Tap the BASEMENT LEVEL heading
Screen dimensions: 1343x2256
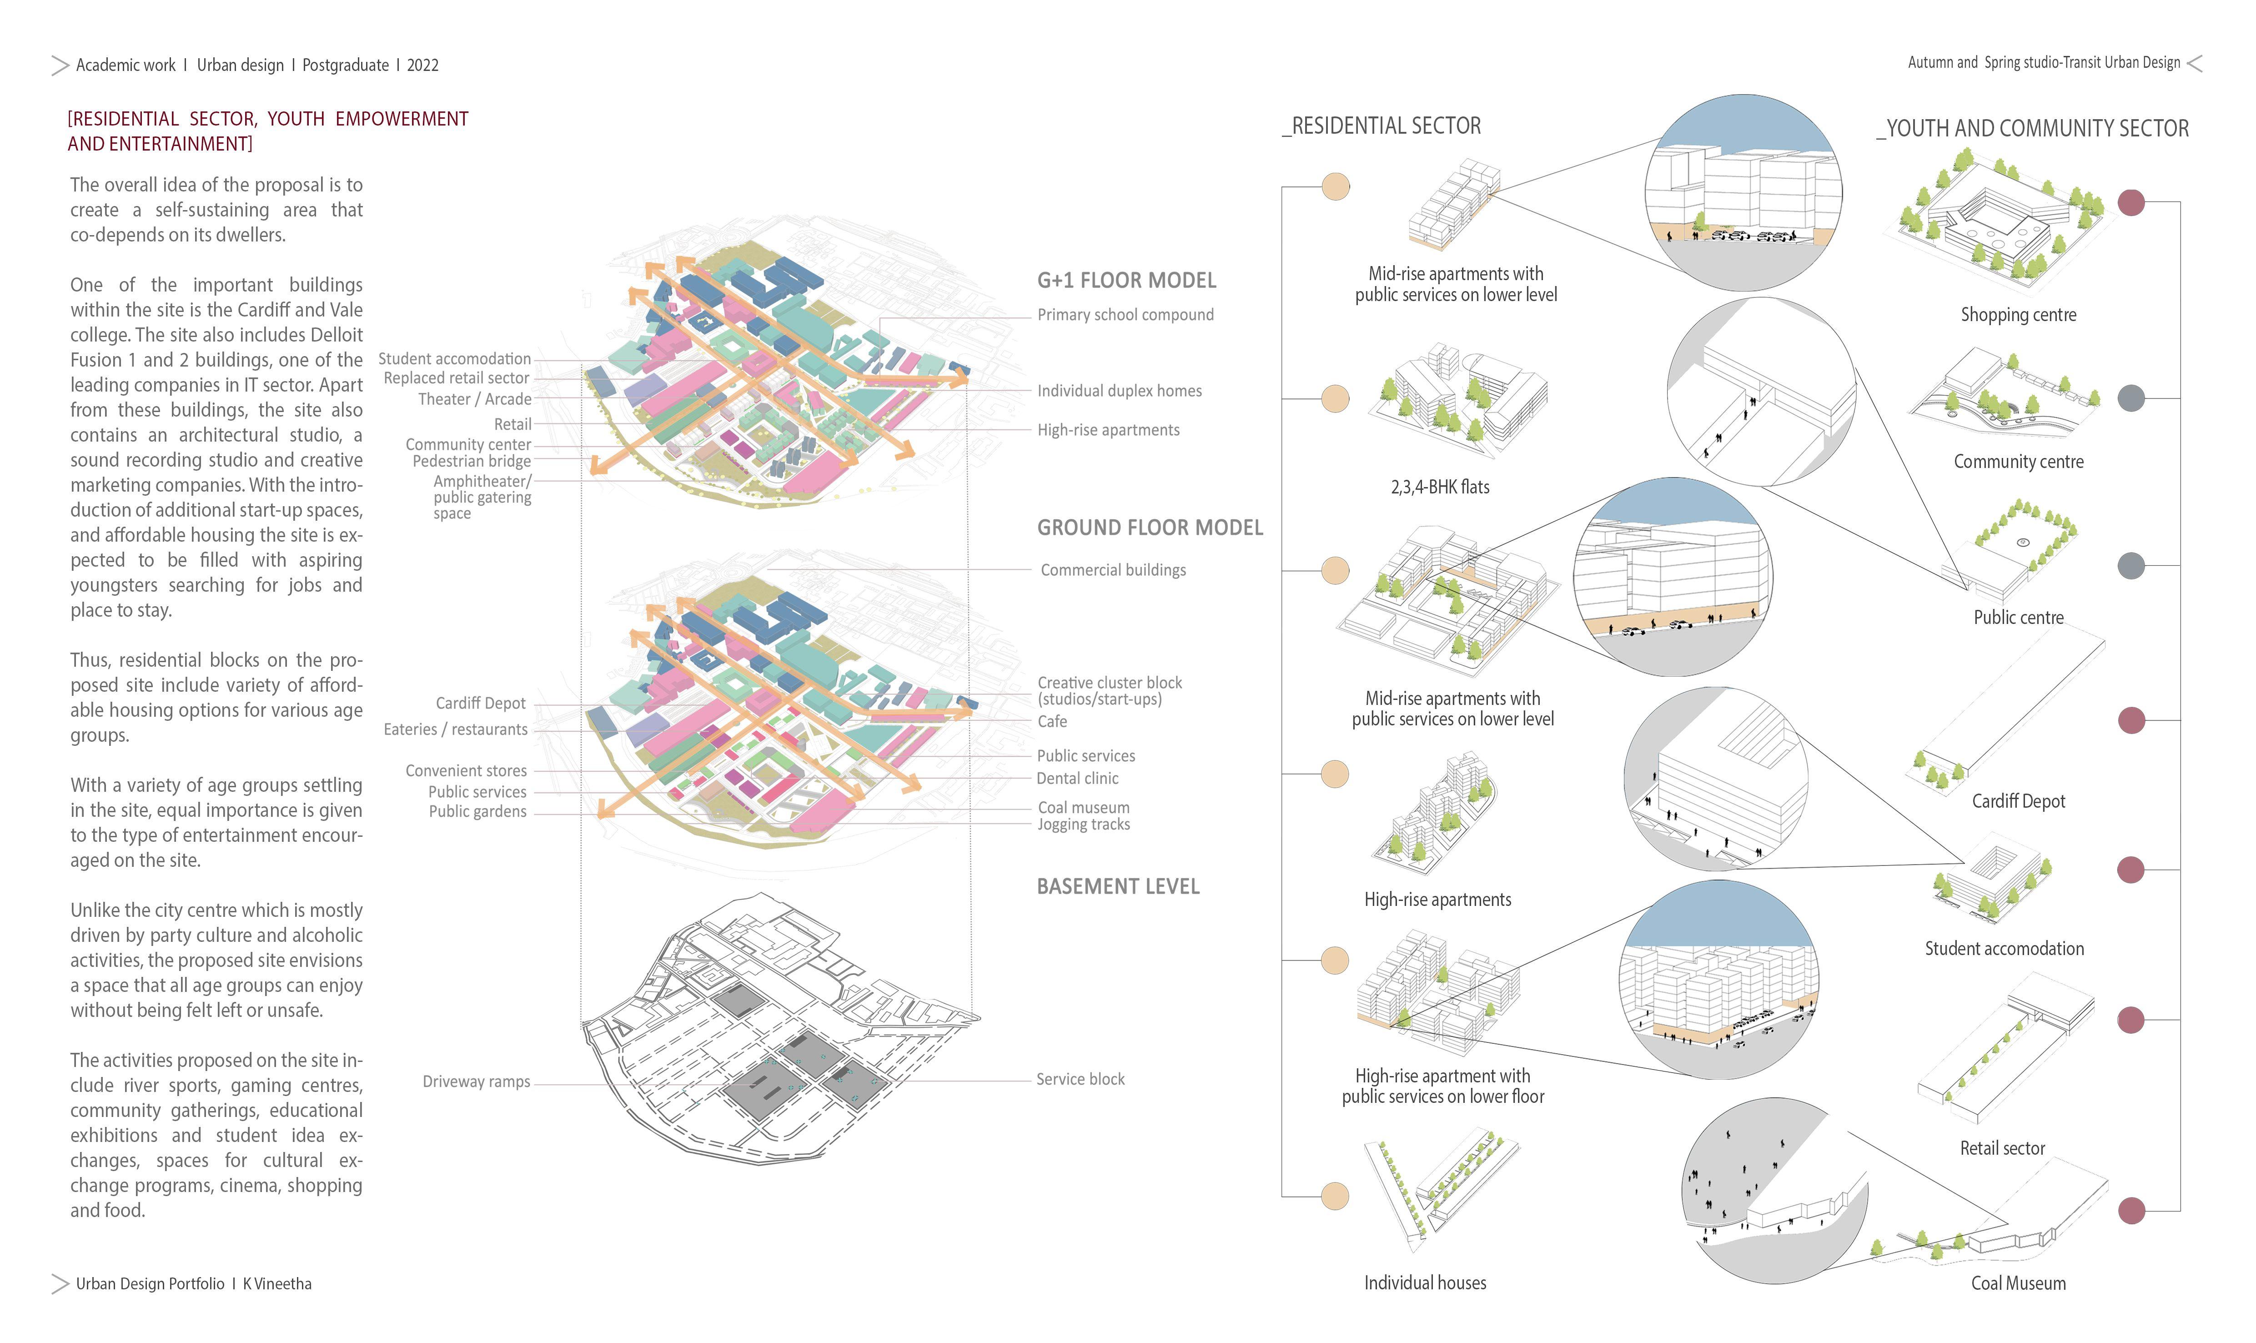pos(1118,887)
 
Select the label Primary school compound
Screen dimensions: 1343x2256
pos(1125,315)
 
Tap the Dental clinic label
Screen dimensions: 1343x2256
pos(1077,778)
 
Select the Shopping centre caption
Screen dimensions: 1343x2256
pos(2018,315)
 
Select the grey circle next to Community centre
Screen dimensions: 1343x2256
pos(2131,398)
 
